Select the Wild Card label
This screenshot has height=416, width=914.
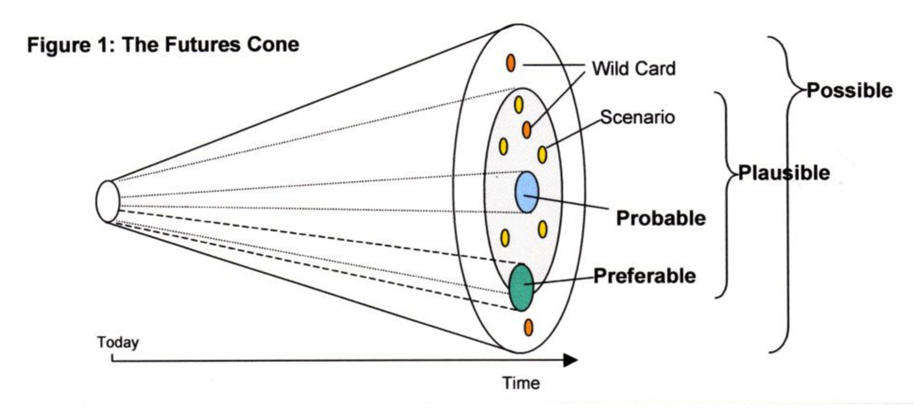tap(633, 68)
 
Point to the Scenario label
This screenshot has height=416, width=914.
tap(637, 117)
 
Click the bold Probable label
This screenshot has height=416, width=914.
tap(661, 218)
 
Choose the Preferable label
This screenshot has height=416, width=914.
tap(645, 276)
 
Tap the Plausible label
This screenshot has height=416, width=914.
tap(784, 173)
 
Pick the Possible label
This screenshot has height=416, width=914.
tap(849, 90)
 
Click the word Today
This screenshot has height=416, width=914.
tap(118, 342)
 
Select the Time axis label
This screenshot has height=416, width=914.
tap(521, 383)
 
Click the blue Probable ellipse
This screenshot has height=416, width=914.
tap(527, 192)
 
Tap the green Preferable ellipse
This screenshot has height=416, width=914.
tap(521, 288)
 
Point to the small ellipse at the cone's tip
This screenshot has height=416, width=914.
tap(108, 201)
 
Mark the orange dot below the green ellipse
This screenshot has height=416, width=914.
tap(528, 327)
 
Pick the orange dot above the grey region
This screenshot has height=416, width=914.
tap(510, 62)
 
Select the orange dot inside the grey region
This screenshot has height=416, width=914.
tap(527, 129)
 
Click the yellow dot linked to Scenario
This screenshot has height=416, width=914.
tap(542, 155)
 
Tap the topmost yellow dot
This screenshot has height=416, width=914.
tap(518, 105)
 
